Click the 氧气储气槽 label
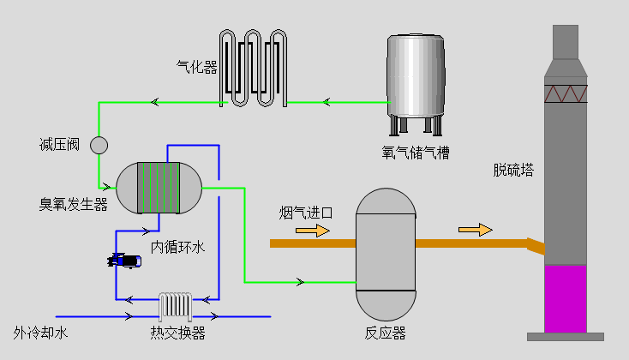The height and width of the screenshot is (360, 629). (x=416, y=153)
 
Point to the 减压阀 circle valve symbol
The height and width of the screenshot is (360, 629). (x=99, y=145)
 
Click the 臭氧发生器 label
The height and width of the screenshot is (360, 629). (x=73, y=205)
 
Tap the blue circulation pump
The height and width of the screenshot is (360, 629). (x=125, y=261)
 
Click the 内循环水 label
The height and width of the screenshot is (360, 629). (x=178, y=248)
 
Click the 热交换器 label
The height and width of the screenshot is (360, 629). (x=177, y=333)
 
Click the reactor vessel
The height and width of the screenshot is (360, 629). (x=386, y=253)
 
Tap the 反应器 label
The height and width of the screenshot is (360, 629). (x=386, y=333)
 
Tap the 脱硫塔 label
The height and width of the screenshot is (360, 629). (x=513, y=170)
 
